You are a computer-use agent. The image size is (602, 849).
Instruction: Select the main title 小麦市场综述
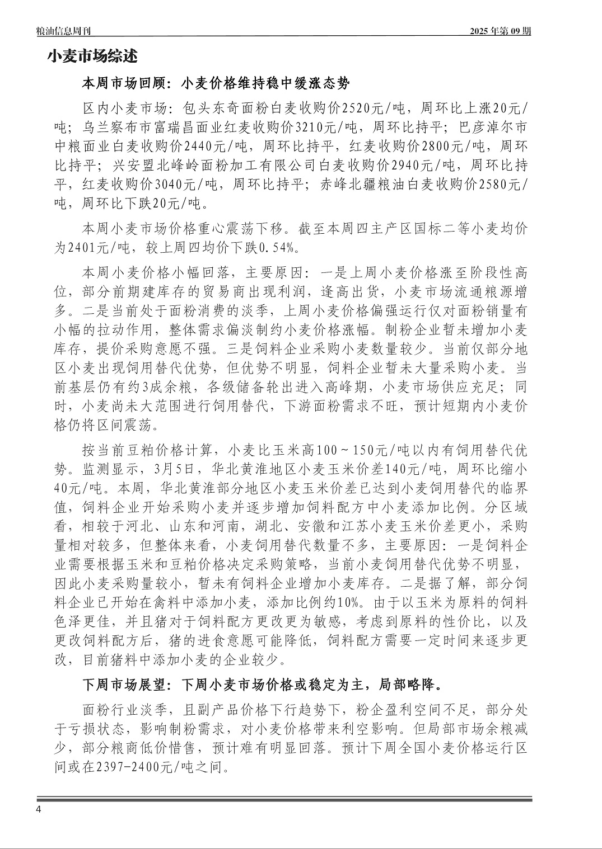click(x=92, y=56)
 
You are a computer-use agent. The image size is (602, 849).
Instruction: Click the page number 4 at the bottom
click(x=39, y=810)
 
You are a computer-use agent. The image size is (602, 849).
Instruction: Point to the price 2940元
click(x=414, y=166)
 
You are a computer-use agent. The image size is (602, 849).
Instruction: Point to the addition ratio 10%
click(x=350, y=603)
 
